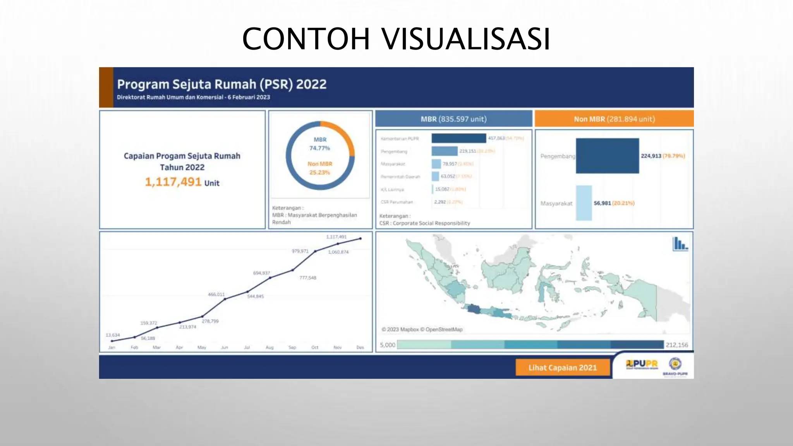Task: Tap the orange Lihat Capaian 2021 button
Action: point(563,367)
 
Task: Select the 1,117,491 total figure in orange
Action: point(173,182)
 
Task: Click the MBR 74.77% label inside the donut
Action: point(320,144)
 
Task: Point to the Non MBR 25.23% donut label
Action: point(320,168)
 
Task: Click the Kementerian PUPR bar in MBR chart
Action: point(458,138)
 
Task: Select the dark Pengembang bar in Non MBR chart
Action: point(607,156)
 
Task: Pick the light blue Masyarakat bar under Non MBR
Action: point(584,203)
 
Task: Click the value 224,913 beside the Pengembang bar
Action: point(651,156)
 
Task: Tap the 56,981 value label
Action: point(602,203)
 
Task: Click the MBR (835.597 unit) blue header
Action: point(453,119)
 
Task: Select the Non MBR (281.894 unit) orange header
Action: point(614,119)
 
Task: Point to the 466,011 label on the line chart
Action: point(216,295)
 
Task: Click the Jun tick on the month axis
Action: point(225,347)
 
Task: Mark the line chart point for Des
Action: point(360,238)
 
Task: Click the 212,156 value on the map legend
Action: point(677,345)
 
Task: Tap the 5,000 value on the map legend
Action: point(387,345)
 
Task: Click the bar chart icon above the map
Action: point(680,244)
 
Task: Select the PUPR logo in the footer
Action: point(642,364)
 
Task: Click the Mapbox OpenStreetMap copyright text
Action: point(422,329)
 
